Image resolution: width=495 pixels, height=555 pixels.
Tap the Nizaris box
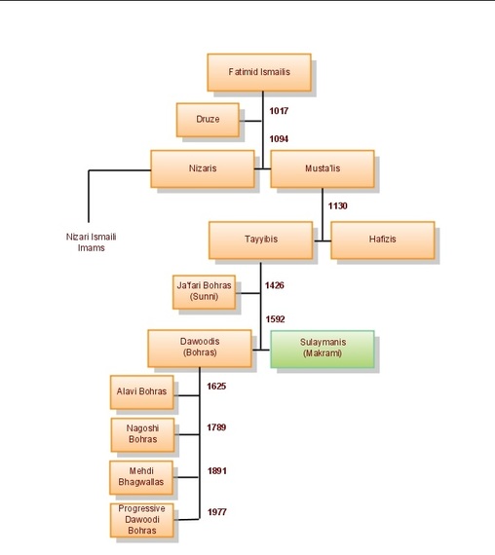[203, 168]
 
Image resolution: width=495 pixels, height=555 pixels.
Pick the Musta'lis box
[323, 168]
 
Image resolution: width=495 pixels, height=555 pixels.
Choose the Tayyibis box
[261, 240]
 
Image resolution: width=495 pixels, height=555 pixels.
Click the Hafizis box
[382, 240]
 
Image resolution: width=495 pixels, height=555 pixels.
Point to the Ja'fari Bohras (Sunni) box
[204, 289]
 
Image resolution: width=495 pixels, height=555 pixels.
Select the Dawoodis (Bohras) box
[200, 348]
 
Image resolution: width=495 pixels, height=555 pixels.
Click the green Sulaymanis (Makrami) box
[323, 348]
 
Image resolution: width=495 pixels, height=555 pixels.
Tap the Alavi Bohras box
[142, 392]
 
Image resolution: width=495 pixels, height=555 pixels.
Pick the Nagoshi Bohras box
[142, 433]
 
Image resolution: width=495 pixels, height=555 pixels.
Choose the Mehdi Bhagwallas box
[142, 475]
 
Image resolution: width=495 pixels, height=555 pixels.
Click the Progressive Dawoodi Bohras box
[142, 519]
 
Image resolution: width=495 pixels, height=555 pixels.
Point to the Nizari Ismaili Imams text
[85, 242]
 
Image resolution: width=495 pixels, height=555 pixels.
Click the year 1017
[279, 112]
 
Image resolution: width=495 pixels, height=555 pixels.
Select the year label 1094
[279, 139]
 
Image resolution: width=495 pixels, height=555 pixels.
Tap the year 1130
[338, 206]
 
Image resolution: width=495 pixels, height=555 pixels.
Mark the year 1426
[276, 286]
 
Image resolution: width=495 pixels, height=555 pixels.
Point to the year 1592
[276, 318]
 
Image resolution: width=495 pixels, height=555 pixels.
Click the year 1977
[216, 512]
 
